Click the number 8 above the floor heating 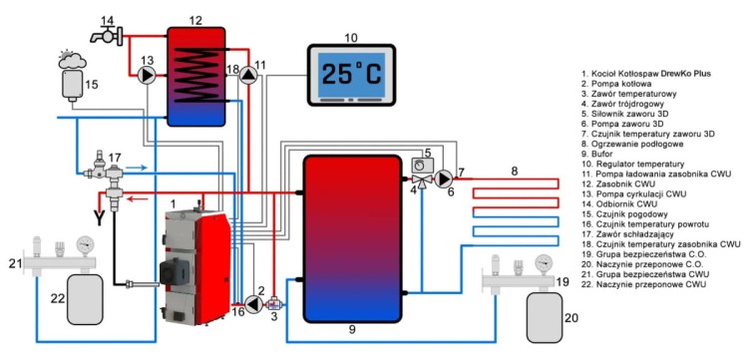tap(515, 172)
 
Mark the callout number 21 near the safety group tap(13, 261)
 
